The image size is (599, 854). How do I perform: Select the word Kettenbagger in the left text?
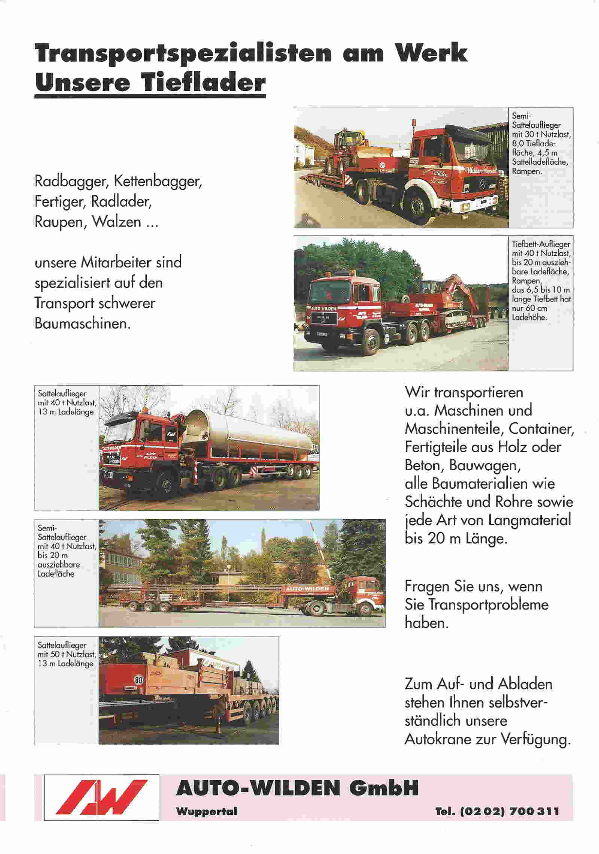point(158,182)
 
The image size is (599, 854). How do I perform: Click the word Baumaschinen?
point(83,323)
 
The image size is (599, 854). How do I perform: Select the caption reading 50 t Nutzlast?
point(67,654)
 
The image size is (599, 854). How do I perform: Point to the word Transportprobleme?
point(476,605)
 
